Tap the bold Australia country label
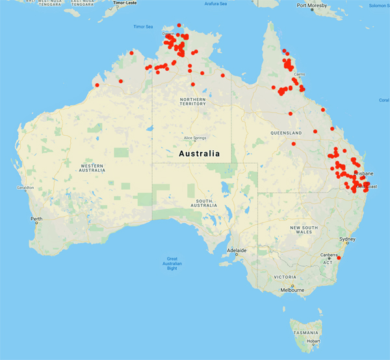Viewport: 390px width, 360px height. pos(199,154)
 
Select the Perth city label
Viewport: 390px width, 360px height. pos(36,219)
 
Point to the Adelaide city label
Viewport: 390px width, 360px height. pos(236,250)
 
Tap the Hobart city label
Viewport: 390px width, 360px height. pos(313,341)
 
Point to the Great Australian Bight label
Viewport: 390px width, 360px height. pos(172,263)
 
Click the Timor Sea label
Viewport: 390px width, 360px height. pos(142,27)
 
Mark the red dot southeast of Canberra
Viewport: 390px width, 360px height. pos(339,259)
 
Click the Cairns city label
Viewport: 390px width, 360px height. pos(299,74)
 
